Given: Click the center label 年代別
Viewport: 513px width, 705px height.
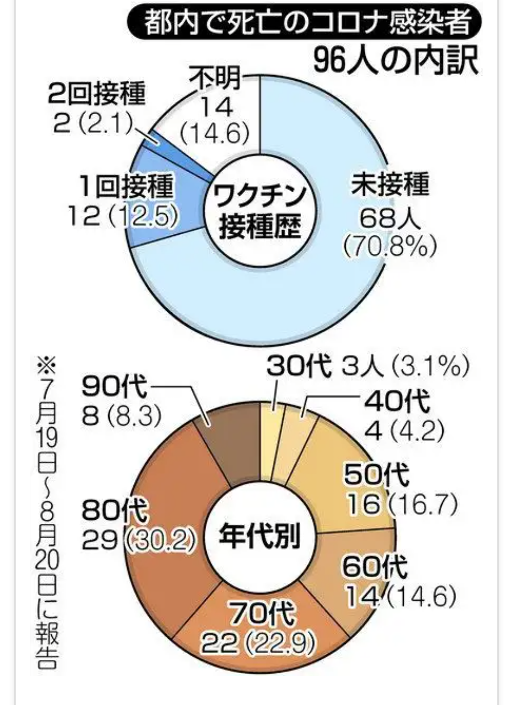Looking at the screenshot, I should coord(259,536).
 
